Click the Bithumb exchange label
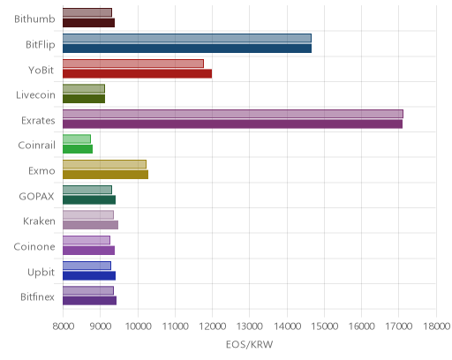point(34,19)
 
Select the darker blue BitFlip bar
point(187,49)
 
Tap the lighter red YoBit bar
point(133,64)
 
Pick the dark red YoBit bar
point(137,73)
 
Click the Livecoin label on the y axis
point(35,95)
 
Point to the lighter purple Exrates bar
point(233,114)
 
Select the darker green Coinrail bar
point(78,149)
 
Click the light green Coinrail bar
point(77,139)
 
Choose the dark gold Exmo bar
point(105,175)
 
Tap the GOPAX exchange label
point(36,196)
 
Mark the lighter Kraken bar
point(88,215)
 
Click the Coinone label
point(34,246)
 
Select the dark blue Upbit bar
point(89,276)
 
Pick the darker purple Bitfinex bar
point(89,301)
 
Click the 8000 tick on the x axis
point(64,326)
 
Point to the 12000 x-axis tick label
point(213,326)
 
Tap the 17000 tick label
point(399,326)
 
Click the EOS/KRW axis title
point(249,344)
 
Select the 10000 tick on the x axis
point(138,326)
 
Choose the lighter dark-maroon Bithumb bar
point(87,12)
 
